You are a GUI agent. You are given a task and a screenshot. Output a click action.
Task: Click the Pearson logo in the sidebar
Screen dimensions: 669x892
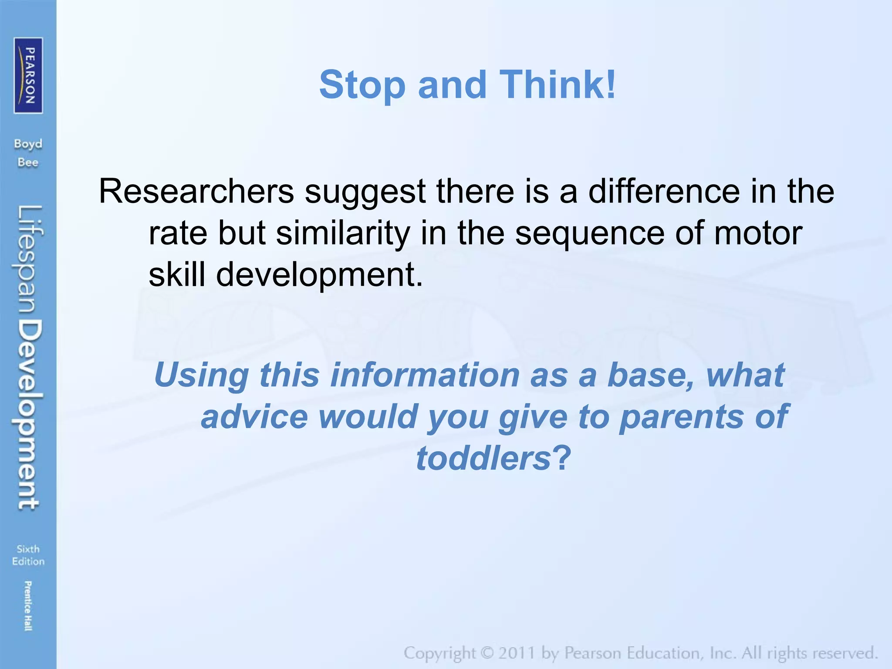click(x=28, y=75)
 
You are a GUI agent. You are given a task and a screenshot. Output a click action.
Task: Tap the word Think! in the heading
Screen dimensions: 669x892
click(x=558, y=84)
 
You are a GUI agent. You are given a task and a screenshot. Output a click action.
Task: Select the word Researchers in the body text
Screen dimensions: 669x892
click(x=196, y=191)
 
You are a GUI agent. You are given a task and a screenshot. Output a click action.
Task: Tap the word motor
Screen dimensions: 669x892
click(x=758, y=233)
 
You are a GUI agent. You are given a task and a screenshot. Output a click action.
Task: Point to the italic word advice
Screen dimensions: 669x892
click(x=254, y=416)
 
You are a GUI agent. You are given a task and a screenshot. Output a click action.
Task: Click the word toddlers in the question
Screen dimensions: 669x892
click(x=484, y=458)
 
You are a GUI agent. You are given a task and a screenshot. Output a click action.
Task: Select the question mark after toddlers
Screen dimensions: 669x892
click(x=562, y=458)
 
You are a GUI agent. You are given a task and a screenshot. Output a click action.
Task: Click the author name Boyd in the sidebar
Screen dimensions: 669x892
click(x=28, y=144)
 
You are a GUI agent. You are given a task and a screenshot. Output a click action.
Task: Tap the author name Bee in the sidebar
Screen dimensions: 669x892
click(x=28, y=162)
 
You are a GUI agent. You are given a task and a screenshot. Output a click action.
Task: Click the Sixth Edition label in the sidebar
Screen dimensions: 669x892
click(x=28, y=555)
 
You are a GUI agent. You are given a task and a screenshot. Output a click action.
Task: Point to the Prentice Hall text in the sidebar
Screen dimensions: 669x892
click(x=28, y=605)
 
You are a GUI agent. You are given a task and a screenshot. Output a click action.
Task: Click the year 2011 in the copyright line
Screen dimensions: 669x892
click(x=517, y=653)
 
